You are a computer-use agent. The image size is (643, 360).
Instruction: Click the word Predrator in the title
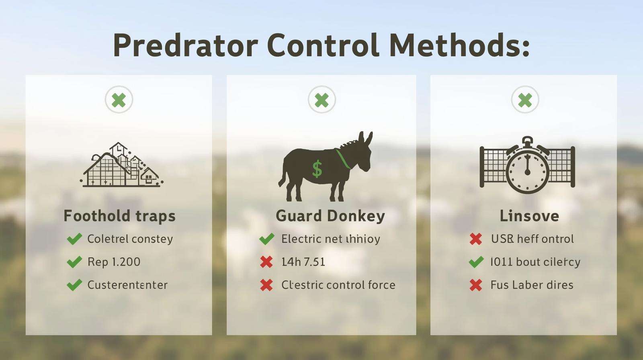[185, 45]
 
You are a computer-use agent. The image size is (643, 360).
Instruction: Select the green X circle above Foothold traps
[119, 100]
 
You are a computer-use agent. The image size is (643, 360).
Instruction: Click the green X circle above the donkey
[321, 100]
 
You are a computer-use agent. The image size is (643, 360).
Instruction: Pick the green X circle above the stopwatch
[525, 100]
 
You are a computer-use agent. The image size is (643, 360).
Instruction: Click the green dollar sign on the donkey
[317, 169]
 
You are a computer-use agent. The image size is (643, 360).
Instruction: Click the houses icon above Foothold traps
[122, 165]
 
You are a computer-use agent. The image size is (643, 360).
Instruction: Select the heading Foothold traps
[120, 216]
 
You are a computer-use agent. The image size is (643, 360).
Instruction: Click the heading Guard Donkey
[330, 216]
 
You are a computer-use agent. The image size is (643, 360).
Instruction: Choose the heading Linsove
[529, 216]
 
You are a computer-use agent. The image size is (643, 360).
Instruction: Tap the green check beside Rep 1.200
[74, 262]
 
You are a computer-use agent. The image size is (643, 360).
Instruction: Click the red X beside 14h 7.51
[266, 262]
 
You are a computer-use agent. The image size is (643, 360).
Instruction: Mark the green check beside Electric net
[267, 239]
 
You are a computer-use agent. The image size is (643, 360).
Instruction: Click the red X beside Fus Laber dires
[476, 285]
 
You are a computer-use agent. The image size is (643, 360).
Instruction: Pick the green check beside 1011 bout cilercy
[476, 262]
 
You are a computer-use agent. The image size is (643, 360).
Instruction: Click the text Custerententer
[127, 285]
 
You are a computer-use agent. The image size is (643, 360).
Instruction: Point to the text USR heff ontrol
[532, 239]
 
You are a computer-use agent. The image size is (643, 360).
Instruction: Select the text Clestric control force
[338, 285]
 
